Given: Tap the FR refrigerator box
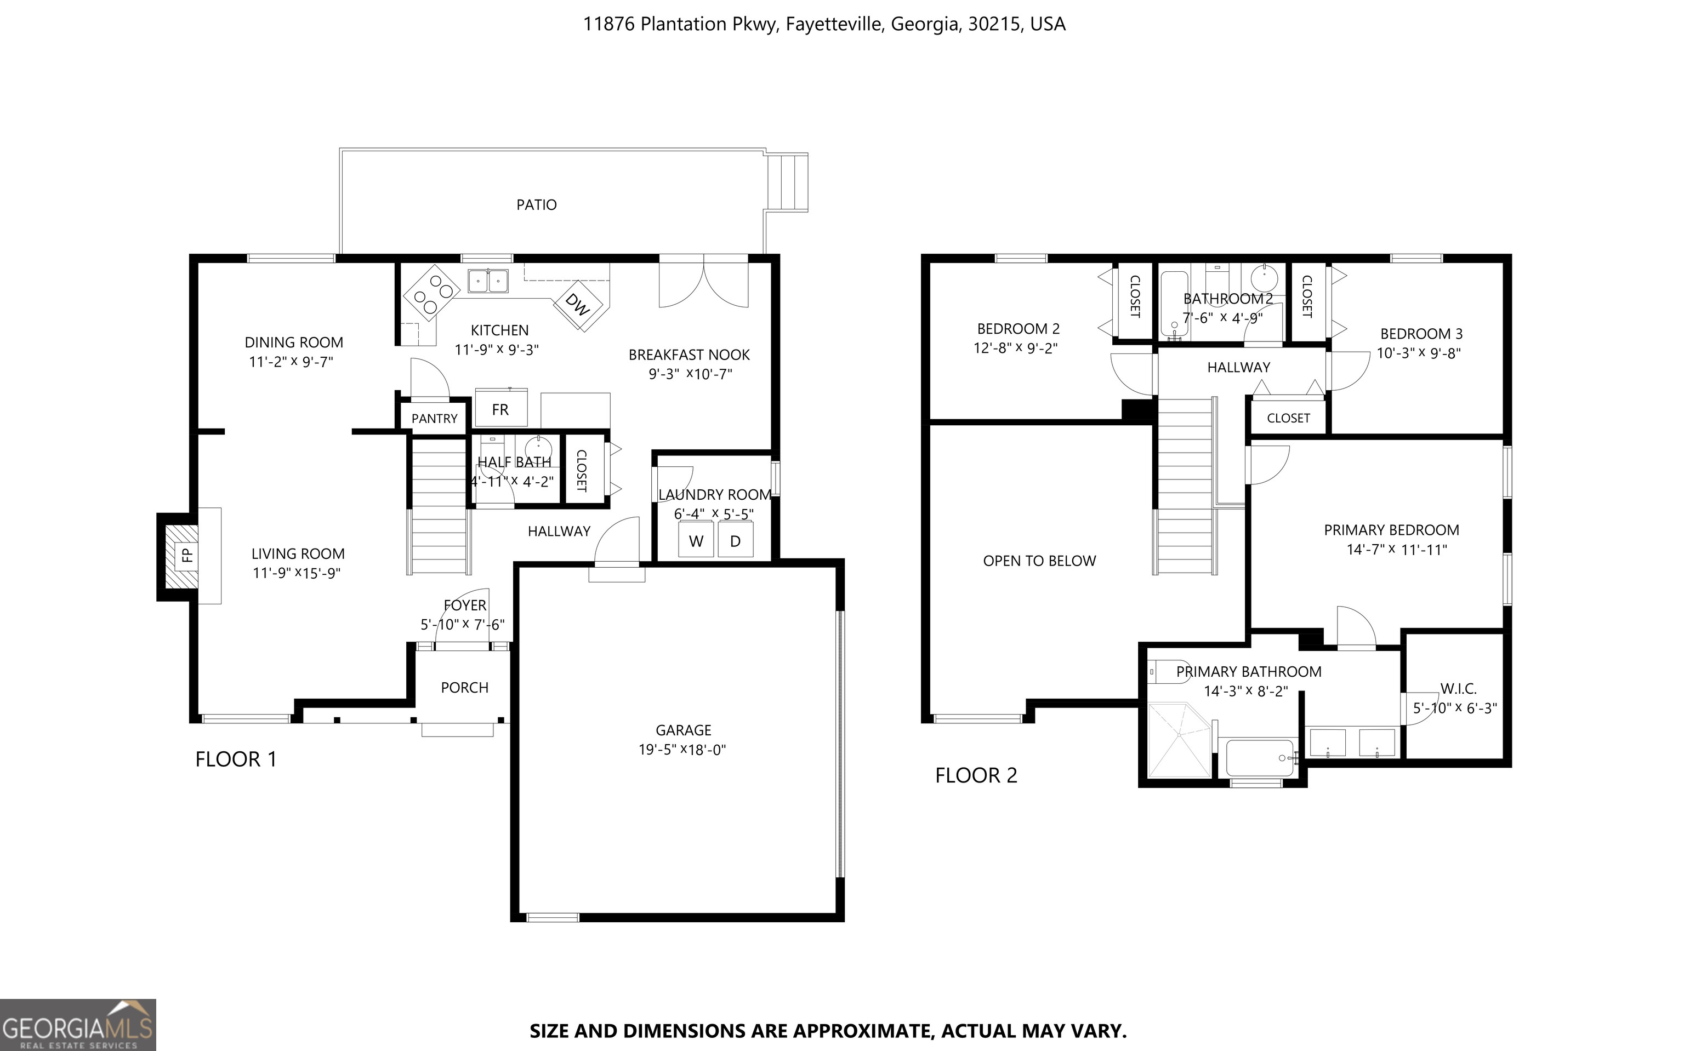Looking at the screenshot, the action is pos(500,408).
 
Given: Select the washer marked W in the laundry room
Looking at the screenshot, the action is pos(696,541).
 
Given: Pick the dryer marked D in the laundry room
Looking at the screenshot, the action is pos(735,541).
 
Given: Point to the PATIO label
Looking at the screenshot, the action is pos(536,205).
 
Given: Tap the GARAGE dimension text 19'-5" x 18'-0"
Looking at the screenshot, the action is pos(682,749).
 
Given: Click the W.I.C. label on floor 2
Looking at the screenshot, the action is pos(1458,689).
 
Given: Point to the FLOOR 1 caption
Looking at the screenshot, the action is pos(236,759).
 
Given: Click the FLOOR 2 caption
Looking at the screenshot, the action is pos(976,775).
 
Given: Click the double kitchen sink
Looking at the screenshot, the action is pos(488,281).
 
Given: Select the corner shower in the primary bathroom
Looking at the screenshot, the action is pos(1180,740).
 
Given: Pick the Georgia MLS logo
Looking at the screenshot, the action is pos(78,1025).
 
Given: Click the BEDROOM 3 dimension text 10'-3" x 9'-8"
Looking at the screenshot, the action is pos(1418,353).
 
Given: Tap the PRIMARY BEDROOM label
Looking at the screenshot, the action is pos(1391,530).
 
